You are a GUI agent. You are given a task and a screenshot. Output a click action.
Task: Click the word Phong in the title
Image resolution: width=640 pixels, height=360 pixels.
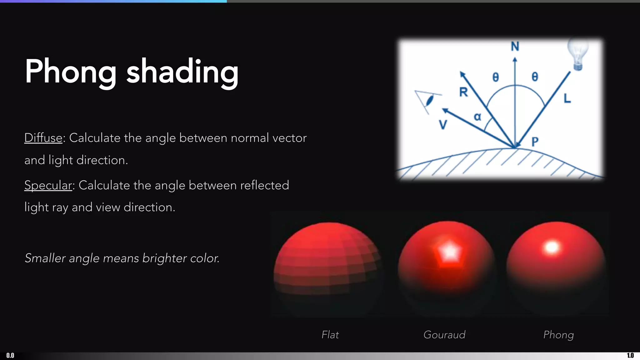pyautogui.click(x=71, y=72)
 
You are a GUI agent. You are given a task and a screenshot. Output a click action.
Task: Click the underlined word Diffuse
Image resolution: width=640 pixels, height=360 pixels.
pyautogui.click(x=43, y=138)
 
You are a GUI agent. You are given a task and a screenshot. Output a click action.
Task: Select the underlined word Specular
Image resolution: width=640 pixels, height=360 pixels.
pyautogui.click(x=48, y=185)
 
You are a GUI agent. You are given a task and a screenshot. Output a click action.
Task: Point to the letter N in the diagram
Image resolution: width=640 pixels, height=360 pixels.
pyautogui.click(x=515, y=47)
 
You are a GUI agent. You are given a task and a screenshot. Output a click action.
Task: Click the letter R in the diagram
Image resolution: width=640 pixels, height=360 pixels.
pyautogui.click(x=463, y=92)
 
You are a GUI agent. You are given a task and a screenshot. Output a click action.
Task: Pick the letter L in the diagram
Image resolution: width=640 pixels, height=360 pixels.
pyautogui.click(x=567, y=98)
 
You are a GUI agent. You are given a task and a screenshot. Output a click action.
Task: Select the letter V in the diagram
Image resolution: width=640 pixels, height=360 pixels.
pyautogui.click(x=443, y=125)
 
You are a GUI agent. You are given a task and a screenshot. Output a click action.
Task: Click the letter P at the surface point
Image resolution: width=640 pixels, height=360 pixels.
pyautogui.click(x=535, y=142)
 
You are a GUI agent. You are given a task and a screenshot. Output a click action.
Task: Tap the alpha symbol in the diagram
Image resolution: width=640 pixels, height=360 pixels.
pyautogui.click(x=477, y=117)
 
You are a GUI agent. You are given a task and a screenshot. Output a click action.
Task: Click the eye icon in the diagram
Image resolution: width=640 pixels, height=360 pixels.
pyautogui.click(x=429, y=101)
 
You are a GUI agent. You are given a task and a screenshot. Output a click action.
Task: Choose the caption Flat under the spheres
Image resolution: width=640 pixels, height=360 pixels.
pyautogui.click(x=330, y=335)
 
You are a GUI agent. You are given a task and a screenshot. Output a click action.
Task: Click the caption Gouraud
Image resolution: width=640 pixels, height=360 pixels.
pyautogui.click(x=444, y=335)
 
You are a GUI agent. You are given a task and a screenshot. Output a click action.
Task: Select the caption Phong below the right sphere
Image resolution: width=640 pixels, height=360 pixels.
pyautogui.click(x=558, y=335)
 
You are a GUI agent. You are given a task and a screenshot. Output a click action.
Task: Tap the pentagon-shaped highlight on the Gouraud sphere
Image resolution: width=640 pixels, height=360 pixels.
pyautogui.click(x=449, y=252)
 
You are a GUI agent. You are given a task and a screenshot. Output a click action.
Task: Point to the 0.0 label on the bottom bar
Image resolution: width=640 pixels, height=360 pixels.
pyautogui.click(x=10, y=355)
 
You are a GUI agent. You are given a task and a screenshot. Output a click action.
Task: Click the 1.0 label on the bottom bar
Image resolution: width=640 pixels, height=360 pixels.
pyautogui.click(x=630, y=355)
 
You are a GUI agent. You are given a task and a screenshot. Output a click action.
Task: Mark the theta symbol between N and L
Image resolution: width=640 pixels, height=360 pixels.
pyautogui.click(x=535, y=77)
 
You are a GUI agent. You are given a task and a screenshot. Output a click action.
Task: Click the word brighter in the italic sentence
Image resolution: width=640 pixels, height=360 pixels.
pyautogui.click(x=164, y=258)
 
